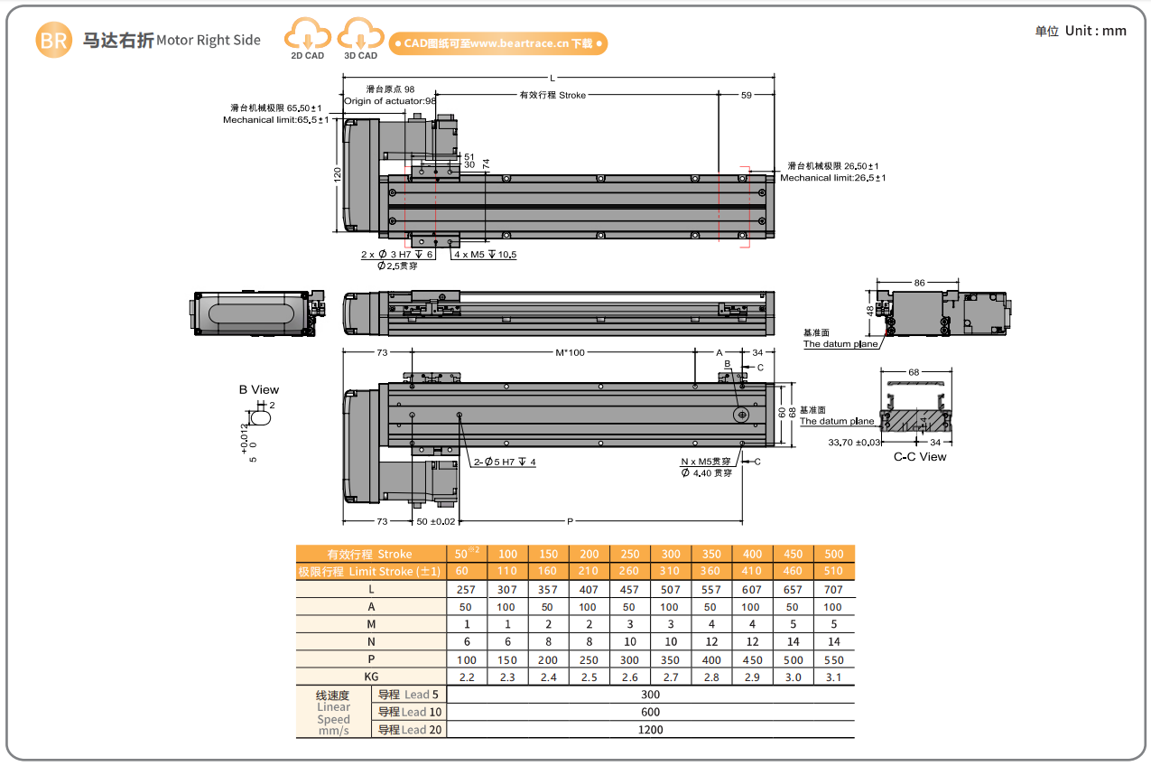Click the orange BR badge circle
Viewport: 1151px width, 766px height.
pyautogui.click(x=54, y=41)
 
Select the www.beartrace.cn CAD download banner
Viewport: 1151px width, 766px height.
pyautogui.click(x=498, y=43)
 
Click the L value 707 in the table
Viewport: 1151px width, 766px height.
pyautogui.click(x=833, y=590)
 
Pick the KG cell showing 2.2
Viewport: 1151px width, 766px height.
pyautogui.click(x=467, y=677)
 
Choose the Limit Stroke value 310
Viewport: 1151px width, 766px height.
pyautogui.click(x=671, y=571)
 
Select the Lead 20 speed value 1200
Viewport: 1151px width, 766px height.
pyautogui.click(x=650, y=729)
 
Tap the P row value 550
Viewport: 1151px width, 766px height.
pyautogui.click(x=833, y=659)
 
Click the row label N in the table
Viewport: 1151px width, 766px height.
pyautogui.click(x=371, y=642)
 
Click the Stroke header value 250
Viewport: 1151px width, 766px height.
pyautogui.click(x=629, y=554)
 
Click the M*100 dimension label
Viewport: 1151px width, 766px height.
pyautogui.click(x=571, y=352)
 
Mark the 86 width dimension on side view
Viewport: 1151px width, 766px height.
pyautogui.click(x=919, y=283)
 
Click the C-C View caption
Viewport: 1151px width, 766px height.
pyautogui.click(x=920, y=457)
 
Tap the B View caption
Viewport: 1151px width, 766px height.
pyautogui.click(x=259, y=390)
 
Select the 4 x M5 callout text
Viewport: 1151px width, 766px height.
pyautogui.click(x=485, y=255)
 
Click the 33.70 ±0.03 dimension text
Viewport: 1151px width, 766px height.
pyautogui.click(x=853, y=443)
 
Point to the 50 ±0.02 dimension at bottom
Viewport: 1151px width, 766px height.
pyautogui.click(x=436, y=521)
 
